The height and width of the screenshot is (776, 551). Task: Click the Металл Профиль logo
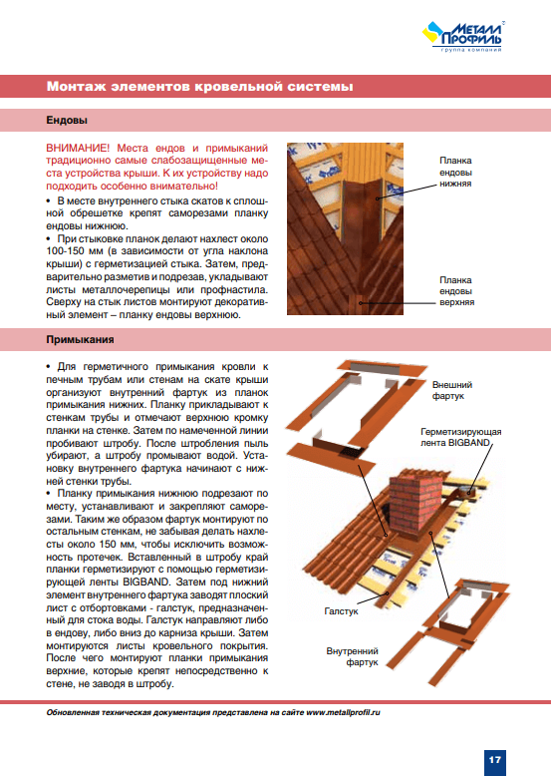click(463, 36)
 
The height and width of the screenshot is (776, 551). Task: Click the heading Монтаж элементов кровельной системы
click(199, 87)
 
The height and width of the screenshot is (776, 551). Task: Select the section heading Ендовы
click(67, 121)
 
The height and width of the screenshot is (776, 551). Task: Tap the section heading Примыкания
click(80, 339)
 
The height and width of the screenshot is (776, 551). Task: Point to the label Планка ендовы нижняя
click(455, 172)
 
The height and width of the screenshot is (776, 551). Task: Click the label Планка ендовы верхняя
click(456, 291)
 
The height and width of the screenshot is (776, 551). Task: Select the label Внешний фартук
click(452, 390)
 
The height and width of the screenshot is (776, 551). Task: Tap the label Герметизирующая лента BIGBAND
click(460, 437)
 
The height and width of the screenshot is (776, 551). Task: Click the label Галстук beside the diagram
click(341, 611)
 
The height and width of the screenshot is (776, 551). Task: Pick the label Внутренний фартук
click(352, 656)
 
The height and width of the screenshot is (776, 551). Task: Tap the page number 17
click(494, 760)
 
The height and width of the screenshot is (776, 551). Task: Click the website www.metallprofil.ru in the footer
click(343, 712)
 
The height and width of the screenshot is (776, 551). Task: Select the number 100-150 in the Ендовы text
click(64, 251)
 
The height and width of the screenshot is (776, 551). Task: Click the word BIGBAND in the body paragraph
click(146, 582)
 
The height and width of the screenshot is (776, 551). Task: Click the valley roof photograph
click(345, 228)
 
